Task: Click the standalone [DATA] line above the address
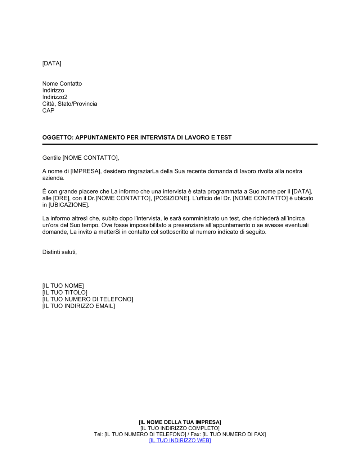click(52, 64)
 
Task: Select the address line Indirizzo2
click(55, 97)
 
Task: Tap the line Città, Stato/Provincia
click(69, 104)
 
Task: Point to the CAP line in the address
click(48, 111)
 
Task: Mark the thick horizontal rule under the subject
click(180, 144)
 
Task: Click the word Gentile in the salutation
click(51, 158)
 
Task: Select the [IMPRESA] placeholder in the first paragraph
click(86, 172)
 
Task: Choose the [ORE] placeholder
click(61, 199)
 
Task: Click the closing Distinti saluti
click(59, 252)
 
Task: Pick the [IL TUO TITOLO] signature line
click(65, 293)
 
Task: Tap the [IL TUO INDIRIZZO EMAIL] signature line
click(78, 306)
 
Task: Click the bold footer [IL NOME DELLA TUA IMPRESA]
click(180, 422)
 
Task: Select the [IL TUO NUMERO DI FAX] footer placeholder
click(234, 435)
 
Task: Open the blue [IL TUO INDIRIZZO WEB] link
click(180, 441)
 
